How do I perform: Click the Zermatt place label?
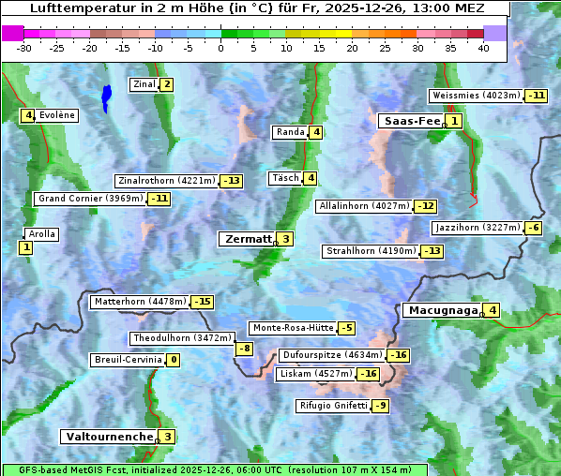(248, 239)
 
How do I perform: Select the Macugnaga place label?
(441, 310)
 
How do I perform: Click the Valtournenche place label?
(108, 437)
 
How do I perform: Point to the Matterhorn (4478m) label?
(140, 302)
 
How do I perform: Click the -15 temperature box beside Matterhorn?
(202, 302)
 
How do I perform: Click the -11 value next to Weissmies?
(537, 96)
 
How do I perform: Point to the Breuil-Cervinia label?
(127, 360)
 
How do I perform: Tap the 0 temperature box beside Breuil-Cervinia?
(173, 360)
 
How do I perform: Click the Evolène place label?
(57, 115)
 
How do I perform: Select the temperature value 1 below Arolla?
(25, 247)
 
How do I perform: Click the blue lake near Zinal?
(106, 96)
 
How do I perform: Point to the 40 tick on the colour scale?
(483, 48)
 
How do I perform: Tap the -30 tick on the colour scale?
(24, 48)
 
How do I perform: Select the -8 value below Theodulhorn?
(244, 349)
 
